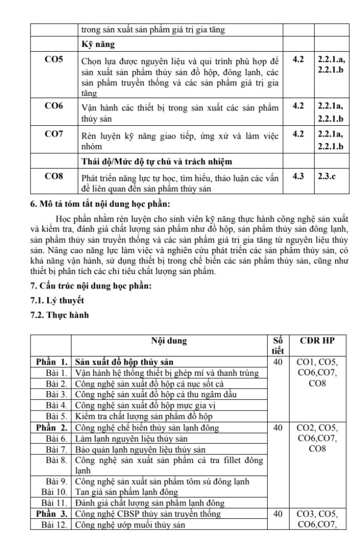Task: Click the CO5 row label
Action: [x=53, y=59]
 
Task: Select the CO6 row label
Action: [x=53, y=106]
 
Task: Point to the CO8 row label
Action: [x=53, y=175]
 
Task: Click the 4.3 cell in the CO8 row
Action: [x=299, y=175]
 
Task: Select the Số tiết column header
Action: [x=276, y=346]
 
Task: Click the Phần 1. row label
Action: [x=51, y=362]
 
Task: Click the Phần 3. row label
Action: [x=51, y=514]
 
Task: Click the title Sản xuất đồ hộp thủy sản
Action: [x=124, y=362]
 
